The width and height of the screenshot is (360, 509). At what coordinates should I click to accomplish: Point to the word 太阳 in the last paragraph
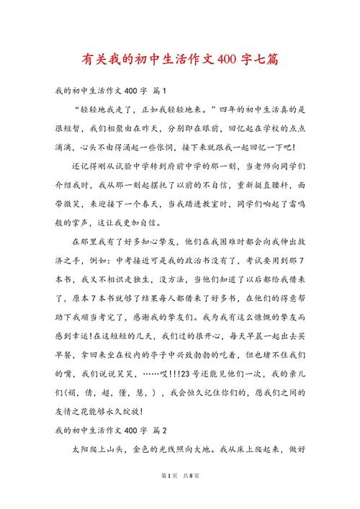(x=80, y=449)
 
